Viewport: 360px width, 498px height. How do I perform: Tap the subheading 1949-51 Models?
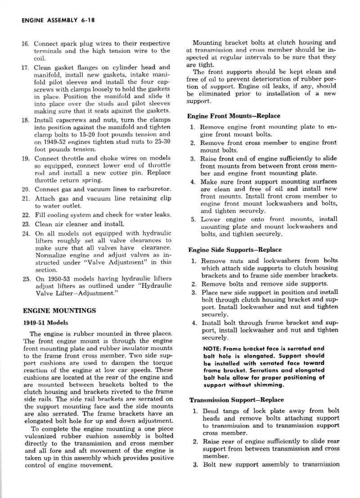tap(45, 323)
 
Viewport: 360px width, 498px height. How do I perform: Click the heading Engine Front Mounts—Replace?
tap(234, 116)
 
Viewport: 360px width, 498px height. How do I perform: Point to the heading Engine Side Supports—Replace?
tap(234, 250)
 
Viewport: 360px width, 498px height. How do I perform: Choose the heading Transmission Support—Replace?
tap(236, 399)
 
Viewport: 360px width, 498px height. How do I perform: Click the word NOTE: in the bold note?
tap(213, 348)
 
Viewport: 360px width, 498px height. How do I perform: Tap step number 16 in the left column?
tap(26, 44)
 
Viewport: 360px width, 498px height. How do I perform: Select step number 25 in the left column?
tap(26, 279)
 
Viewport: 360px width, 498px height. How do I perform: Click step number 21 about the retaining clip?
tap(26, 198)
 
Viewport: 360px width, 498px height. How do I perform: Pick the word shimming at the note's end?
tap(266, 385)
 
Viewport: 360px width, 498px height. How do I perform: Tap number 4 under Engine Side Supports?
tap(194, 323)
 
